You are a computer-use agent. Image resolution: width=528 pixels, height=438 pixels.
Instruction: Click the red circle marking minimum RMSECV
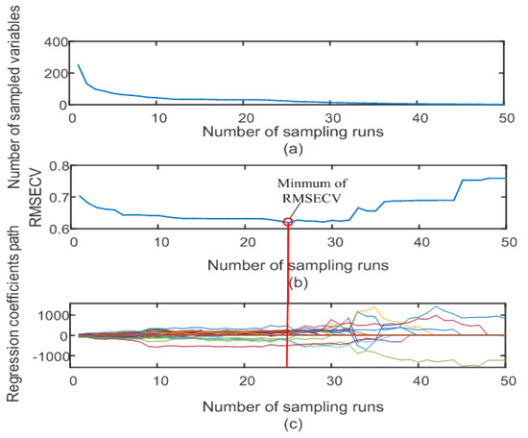[289, 222]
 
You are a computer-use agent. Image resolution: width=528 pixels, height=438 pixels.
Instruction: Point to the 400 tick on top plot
[55, 42]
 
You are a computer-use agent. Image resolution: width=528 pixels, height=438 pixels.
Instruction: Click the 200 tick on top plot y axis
[55, 73]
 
